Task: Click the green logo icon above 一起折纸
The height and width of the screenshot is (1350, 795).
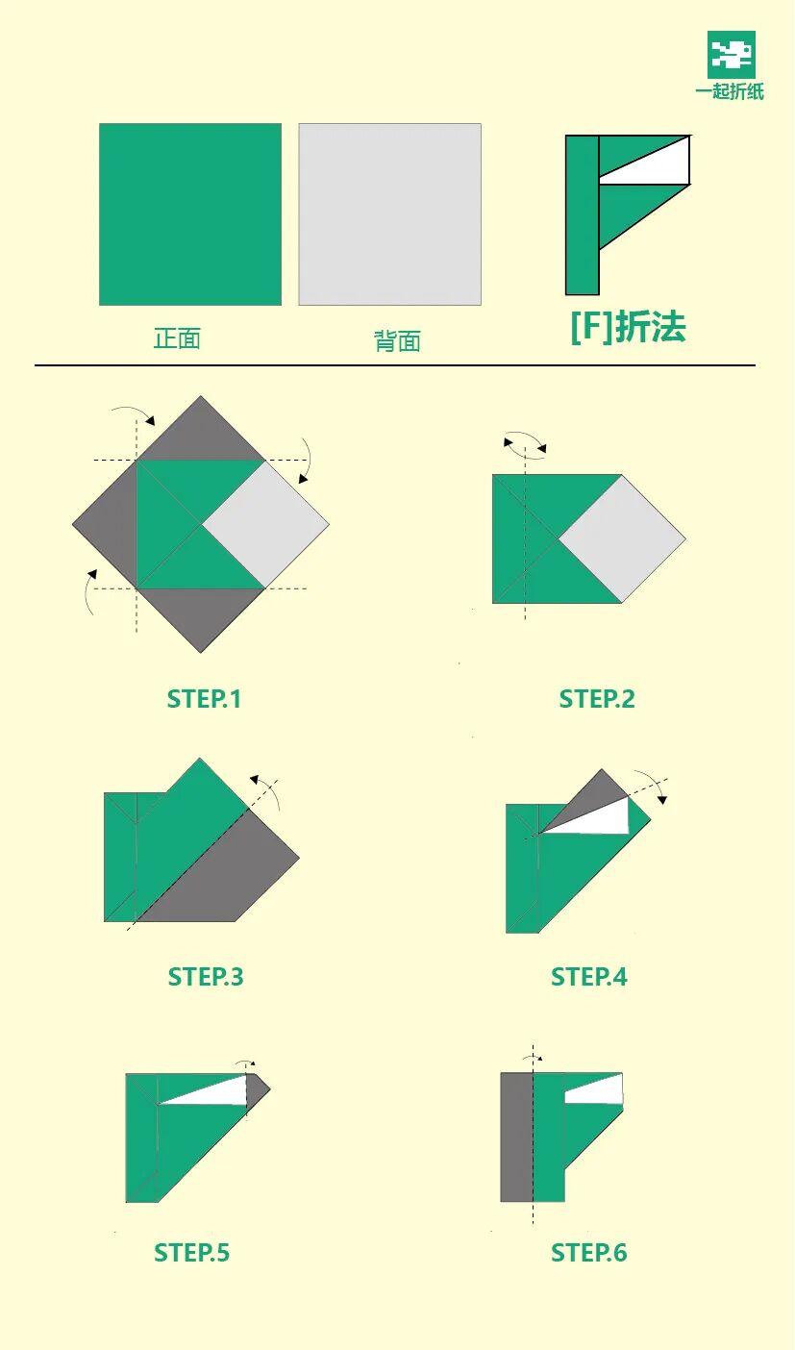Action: [731, 55]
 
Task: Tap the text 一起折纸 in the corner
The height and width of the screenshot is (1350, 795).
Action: [730, 92]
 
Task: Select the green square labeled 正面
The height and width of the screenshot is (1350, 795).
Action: [190, 214]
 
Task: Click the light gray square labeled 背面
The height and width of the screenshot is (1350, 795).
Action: [389, 214]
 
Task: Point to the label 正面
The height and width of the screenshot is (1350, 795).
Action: [177, 338]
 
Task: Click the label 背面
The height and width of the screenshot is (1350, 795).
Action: [397, 341]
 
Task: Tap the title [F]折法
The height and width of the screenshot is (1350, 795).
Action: [628, 327]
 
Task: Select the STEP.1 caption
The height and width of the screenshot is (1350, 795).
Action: [204, 699]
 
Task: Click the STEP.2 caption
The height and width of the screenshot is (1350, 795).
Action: [597, 699]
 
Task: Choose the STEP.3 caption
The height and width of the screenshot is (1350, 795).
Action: [206, 977]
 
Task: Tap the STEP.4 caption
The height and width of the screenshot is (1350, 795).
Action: [589, 977]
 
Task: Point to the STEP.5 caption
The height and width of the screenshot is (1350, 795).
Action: [192, 1253]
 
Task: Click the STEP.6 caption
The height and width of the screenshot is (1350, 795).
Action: [589, 1253]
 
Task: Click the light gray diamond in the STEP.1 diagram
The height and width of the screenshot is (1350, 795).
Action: [266, 524]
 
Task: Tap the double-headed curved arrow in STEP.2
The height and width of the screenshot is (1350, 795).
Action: [525, 441]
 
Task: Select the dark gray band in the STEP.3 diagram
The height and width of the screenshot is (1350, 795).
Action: [226, 875]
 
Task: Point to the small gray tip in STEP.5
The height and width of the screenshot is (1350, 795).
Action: [257, 1088]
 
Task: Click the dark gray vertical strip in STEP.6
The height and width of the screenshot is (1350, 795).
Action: [516, 1137]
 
